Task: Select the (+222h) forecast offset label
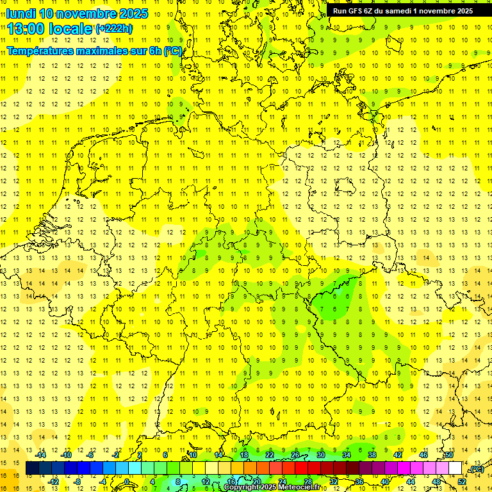[114, 29]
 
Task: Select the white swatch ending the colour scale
[455, 468]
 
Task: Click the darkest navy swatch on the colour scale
[32, 468]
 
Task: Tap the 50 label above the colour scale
[449, 455]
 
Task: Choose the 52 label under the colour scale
[462, 482]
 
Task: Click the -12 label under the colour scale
[53, 482]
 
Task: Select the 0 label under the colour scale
[127, 482]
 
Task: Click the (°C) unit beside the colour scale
[476, 470]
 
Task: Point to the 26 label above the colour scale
[295, 455]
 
